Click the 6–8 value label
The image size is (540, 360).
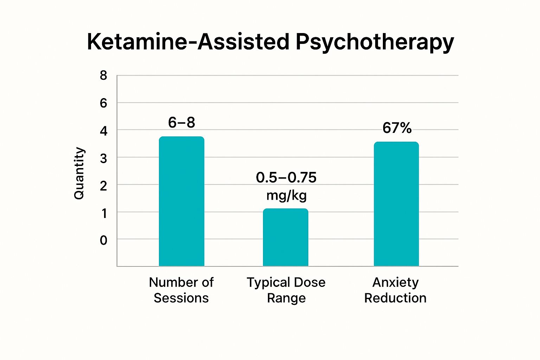(181, 123)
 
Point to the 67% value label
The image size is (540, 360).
(397, 128)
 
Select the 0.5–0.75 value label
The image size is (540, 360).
(286, 178)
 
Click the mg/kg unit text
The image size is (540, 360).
(287, 195)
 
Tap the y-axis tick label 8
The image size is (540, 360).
(103, 76)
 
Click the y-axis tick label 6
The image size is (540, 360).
(103, 103)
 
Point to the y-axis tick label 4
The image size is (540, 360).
(103, 131)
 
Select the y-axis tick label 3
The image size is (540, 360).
(103, 159)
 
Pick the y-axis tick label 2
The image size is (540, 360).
(103, 186)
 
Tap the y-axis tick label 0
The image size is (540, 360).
(103, 240)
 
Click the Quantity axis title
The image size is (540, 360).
(79, 173)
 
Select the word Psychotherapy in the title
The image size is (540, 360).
(374, 42)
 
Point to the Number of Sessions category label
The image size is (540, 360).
(181, 290)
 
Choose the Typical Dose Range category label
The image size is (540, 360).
(286, 290)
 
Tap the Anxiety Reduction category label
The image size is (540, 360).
(396, 290)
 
